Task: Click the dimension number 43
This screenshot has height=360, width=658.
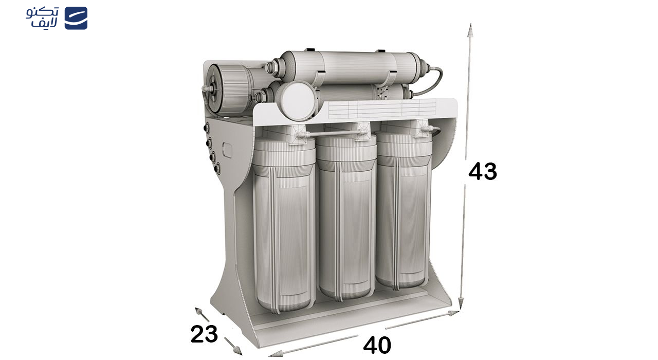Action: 483,171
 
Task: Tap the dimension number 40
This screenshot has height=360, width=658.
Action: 377,346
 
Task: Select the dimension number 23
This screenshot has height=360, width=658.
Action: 204,334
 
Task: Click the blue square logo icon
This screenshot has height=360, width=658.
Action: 76,18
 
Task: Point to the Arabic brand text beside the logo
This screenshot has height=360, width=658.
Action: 42,17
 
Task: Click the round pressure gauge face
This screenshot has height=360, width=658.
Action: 297,101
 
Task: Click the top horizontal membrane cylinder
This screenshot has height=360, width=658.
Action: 351,67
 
